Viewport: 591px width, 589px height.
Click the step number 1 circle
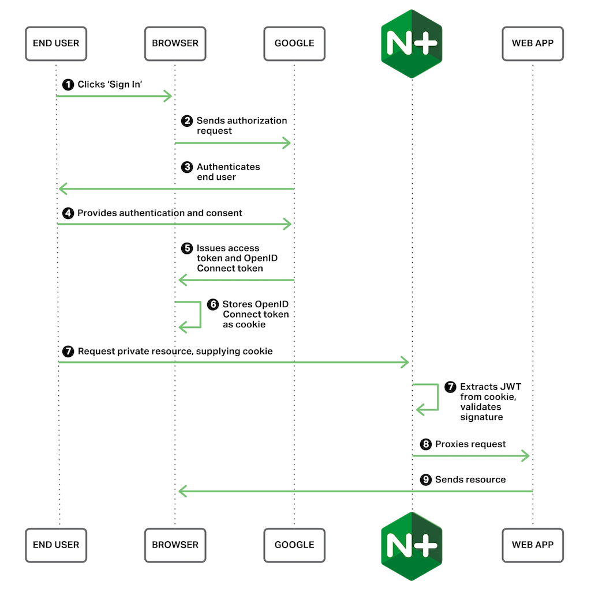coord(68,85)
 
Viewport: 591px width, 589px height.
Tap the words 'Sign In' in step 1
coord(126,85)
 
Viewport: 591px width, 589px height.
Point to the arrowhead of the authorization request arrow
coord(286,142)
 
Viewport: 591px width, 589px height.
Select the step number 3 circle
coord(186,167)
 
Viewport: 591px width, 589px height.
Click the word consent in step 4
coord(223,213)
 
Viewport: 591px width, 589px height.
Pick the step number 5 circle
coord(186,248)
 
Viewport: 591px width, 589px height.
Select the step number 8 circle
coord(425,444)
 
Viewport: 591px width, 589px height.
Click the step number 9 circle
coord(425,479)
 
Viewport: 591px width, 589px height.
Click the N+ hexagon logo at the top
coord(412,43)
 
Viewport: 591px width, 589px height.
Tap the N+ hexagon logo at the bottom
coord(412,545)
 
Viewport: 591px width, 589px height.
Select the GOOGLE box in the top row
coord(294,43)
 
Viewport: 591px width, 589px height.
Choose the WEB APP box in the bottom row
coord(532,545)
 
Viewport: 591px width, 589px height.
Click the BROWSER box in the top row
coord(175,43)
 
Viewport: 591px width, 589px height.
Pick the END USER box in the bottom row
coord(56,545)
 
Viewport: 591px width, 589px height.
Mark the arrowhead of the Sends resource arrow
coord(182,491)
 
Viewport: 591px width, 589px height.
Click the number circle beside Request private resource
coord(68,351)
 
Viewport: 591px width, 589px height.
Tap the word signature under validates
coord(481,417)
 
